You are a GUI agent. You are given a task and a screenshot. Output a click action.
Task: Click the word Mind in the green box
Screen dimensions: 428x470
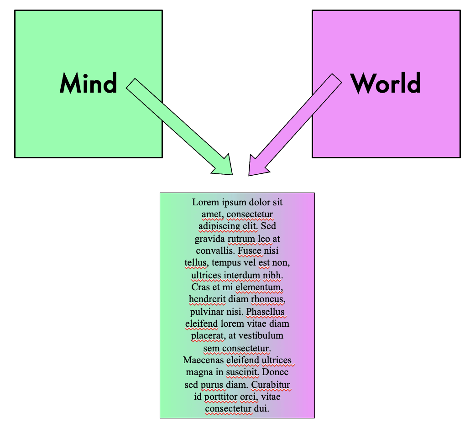tap(88, 84)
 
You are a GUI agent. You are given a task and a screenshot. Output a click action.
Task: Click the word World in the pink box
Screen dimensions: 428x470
tap(386, 84)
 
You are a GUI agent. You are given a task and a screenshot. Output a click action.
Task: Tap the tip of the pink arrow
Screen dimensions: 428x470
tap(250, 174)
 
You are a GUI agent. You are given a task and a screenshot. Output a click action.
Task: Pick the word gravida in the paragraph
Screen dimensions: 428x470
tap(210, 239)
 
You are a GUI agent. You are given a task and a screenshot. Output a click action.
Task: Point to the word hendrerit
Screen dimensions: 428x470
tap(205, 300)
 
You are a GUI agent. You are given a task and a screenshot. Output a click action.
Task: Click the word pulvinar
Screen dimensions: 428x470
tap(207, 312)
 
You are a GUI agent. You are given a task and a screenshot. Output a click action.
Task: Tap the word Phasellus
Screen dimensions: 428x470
tap(266, 312)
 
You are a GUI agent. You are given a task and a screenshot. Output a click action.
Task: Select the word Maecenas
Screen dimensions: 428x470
tap(203, 360)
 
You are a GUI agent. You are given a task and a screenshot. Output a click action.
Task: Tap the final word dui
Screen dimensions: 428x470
tap(262, 409)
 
